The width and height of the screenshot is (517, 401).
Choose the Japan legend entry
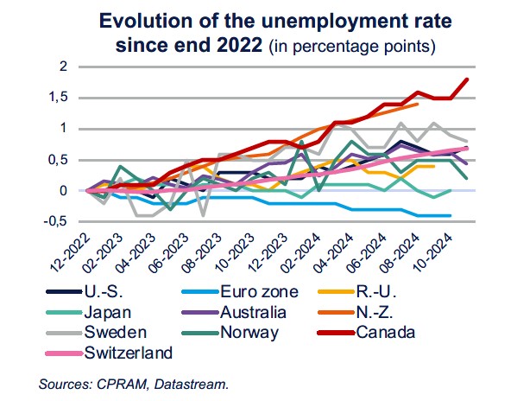(x=104, y=313)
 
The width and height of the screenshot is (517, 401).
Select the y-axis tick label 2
(x=64, y=67)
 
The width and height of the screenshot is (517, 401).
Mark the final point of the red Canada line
(x=467, y=80)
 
